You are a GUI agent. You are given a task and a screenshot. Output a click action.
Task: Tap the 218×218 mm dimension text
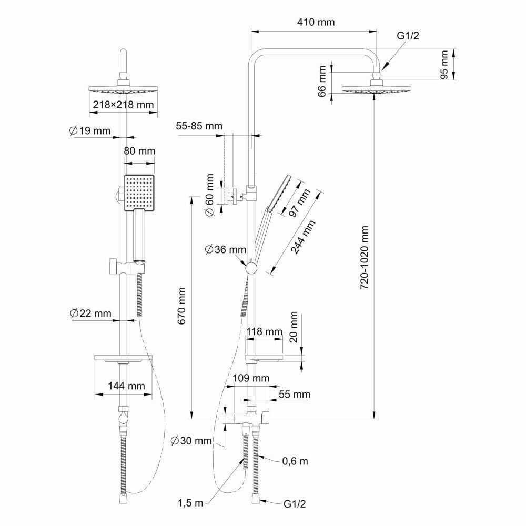(124, 105)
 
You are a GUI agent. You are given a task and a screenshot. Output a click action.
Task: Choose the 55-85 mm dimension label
(199, 126)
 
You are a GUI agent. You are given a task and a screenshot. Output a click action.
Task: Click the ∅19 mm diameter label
(88, 130)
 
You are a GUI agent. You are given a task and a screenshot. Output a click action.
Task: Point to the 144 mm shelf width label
(126, 386)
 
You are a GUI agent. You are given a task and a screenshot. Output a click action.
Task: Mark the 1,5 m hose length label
(190, 503)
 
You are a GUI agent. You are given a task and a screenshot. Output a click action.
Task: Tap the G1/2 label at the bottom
(295, 503)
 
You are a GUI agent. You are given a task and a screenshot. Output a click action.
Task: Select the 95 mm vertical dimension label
(445, 64)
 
